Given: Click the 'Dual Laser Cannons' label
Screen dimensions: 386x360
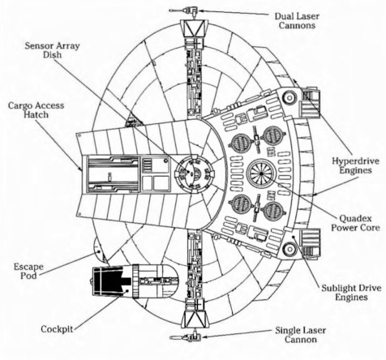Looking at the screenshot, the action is click(297, 20).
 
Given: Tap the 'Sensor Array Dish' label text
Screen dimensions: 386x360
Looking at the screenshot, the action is click(52, 50).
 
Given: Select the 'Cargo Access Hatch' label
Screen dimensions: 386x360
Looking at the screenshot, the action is click(36, 109).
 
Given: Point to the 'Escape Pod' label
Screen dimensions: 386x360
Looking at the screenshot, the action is click(28, 271).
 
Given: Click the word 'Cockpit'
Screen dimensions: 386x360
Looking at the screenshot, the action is click(57, 329).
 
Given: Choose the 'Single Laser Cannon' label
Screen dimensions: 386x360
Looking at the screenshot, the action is click(300, 335).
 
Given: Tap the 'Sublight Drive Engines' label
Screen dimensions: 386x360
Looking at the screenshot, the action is click(351, 293).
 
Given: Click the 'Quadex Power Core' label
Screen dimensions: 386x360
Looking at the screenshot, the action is click(355, 223).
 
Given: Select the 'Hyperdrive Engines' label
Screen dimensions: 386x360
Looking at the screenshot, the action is click(355, 165).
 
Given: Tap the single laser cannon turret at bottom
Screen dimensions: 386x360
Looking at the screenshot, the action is click(186, 337).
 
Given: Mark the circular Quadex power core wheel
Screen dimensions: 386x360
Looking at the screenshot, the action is click(261, 174).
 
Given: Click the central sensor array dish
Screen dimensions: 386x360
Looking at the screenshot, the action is click(194, 173).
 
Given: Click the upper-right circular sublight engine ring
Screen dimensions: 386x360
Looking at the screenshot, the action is click(289, 96).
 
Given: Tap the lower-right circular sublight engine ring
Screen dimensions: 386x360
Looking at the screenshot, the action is click(289, 249).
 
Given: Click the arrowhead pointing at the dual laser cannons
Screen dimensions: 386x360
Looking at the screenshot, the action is click(201, 11).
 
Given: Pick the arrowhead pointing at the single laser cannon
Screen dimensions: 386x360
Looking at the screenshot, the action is click(204, 336).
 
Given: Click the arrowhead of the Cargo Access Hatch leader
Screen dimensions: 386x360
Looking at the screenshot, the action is click(80, 169).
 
